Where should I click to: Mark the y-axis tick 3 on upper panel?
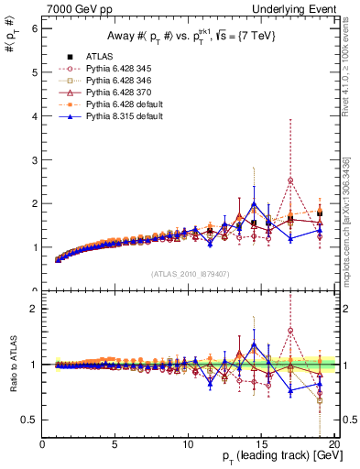(x=35, y=159)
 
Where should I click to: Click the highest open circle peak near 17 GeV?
(x=290, y=180)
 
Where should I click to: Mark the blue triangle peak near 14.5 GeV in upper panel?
(x=254, y=204)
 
